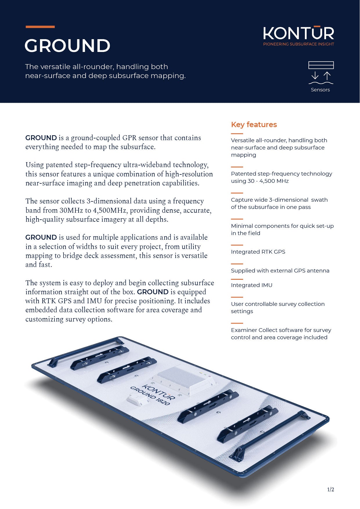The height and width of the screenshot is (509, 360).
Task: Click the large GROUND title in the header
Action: [x=68, y=46]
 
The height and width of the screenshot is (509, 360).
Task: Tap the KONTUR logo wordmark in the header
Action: [x=299, y=33]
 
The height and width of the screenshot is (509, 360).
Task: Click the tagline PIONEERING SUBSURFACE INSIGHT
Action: [x=299, y=44]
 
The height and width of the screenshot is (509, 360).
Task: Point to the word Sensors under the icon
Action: [x=320, y=90]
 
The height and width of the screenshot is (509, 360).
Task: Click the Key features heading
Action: [x=254, y=124]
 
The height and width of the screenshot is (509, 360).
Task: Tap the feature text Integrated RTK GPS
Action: [x=258, y=252]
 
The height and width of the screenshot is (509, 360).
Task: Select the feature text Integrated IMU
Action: [x=252, y=285]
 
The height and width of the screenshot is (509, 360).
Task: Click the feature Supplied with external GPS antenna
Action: [x=280, y=270]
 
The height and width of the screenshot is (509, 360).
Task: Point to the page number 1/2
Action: [x=331, y=490]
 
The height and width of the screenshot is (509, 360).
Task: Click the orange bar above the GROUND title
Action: [x=40, y=27]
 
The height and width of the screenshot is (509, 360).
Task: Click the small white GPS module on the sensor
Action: [x=138, y=399]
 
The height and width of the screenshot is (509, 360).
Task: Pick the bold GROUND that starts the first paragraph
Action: [x=41, y=138]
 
